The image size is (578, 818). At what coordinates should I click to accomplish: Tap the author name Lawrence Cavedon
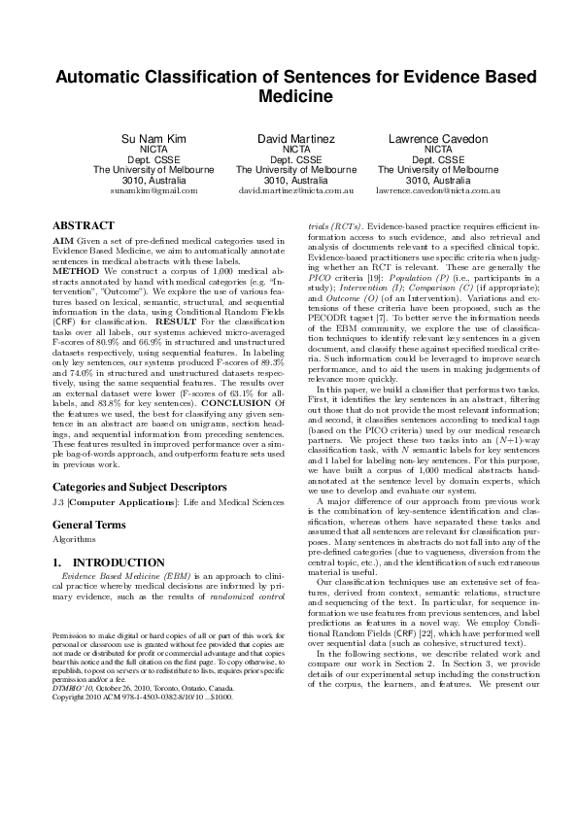pyautogui.click(x=437, y=140)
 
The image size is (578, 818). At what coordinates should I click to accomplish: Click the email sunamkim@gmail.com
pyautogui.click(x=153, y=191)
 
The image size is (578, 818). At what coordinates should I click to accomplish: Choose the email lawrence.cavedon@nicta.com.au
pyautogui.click(x=437, y=191)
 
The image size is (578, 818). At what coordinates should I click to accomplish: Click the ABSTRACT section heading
pyautogui.click(x=83, y=225)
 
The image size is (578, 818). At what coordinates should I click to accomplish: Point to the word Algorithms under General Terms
pyautogui.click(x=75, y=512)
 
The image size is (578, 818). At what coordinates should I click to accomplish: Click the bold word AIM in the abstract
pyautogui.click(x=63, y=239)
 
